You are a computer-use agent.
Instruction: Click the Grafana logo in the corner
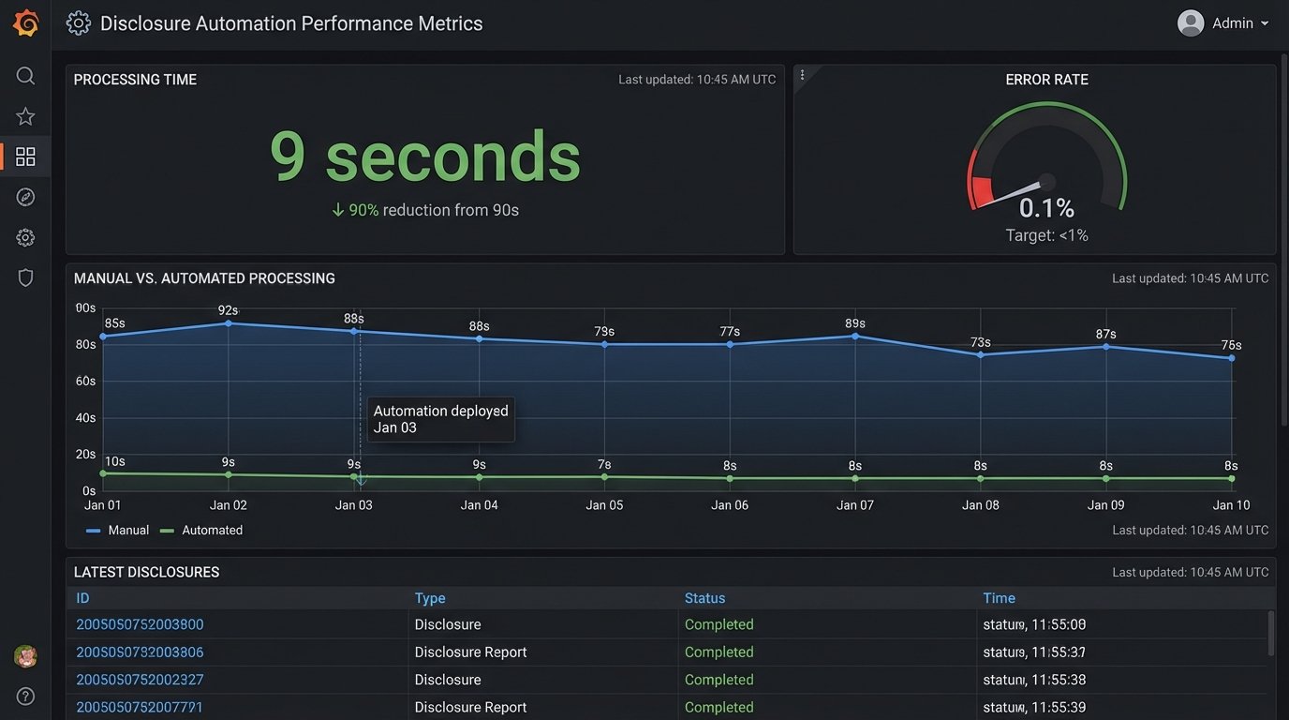coord(25,23)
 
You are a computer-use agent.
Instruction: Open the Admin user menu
coord(1223,23)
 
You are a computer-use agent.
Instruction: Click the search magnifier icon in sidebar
coord(25,76)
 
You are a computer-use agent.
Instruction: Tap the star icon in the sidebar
coord(25,116)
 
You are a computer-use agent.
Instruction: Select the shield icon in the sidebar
coord(25,277)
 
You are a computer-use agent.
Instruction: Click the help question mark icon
coord(25,696)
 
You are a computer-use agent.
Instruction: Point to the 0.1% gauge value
coord(1046,207)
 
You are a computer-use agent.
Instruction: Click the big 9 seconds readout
coord(424,157)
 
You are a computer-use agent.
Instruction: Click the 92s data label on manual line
coord(228,310)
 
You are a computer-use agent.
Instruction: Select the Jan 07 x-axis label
coord(854,505)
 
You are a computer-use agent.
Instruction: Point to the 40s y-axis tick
coord(85,418)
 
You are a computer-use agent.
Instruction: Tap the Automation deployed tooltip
coord(440,419)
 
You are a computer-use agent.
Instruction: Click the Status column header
coord(704,598)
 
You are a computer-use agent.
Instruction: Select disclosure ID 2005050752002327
coord(140,680)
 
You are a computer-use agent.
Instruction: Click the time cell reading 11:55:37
coord(1034,652)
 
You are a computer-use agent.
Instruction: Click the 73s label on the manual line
coord(980,342)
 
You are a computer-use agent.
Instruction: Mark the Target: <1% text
coord(1046,235)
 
